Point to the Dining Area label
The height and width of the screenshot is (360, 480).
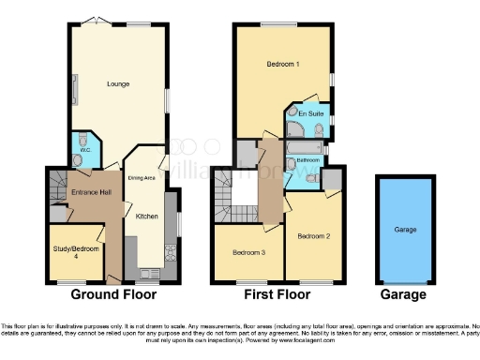click(x=141, y=176)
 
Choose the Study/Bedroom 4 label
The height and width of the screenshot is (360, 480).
click(x=76, y=251)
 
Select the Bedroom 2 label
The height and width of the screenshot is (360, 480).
click(x=314, y=237)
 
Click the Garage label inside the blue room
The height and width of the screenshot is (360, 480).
click(x=405, y=229)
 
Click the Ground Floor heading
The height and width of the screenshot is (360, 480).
click(x=120, y=294)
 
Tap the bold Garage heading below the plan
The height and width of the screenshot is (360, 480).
click(x=404, y=294)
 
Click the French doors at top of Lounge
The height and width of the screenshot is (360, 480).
click(x=91, y=21)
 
